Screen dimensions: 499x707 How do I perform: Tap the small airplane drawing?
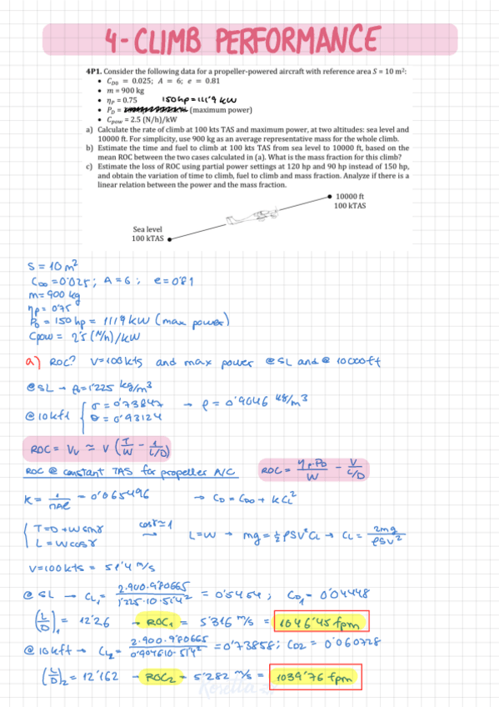coord(236,220)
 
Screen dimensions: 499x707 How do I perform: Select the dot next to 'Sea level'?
coord(169,238)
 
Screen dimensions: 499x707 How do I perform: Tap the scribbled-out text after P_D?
coord(157,109)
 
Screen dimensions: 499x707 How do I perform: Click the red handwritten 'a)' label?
coord(31,364)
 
